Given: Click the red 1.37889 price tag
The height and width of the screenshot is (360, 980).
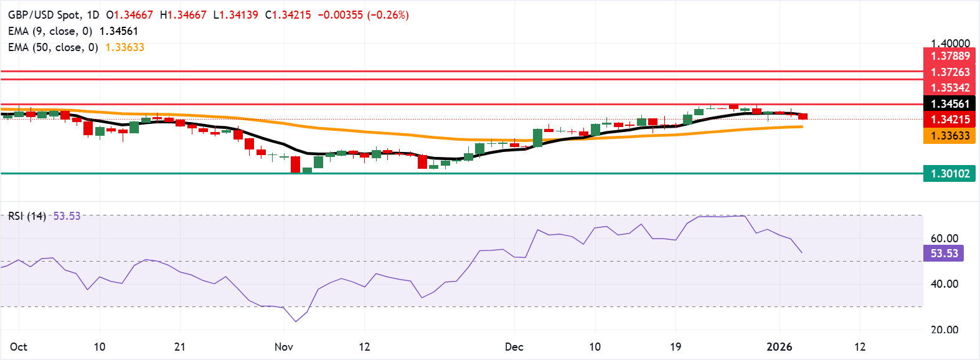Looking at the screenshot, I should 949,56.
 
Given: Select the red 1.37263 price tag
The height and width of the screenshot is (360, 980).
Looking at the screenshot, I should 949,72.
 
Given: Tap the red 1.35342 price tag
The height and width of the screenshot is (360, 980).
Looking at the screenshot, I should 949,88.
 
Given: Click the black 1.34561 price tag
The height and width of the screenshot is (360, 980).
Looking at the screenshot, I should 949,104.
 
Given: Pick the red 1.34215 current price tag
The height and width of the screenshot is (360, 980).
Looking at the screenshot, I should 949,120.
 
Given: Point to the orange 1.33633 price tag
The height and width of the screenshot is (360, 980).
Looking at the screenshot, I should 949,136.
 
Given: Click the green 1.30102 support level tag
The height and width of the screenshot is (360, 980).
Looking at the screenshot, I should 949,174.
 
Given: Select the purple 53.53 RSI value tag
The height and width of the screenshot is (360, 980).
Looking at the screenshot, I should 944,253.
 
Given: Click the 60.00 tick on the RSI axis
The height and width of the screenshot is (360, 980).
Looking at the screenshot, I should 944,239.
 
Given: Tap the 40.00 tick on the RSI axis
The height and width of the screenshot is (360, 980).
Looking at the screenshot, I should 944,284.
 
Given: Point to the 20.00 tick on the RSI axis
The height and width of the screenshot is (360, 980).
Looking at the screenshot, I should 944,330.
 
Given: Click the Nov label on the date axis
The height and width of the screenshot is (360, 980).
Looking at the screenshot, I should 283,347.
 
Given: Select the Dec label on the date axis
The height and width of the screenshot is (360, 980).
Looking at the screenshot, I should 514,347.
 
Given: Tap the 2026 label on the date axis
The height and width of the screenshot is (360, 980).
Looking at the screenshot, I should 779,347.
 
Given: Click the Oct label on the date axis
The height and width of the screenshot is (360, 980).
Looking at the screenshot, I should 19,347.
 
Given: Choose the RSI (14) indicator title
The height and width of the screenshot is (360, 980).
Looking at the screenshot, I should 27,216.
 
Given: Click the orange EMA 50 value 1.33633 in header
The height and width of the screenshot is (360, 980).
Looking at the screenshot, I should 125,47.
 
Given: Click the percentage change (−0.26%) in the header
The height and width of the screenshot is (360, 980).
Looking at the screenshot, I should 388,15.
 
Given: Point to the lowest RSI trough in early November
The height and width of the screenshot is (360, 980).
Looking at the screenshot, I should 295,321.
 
